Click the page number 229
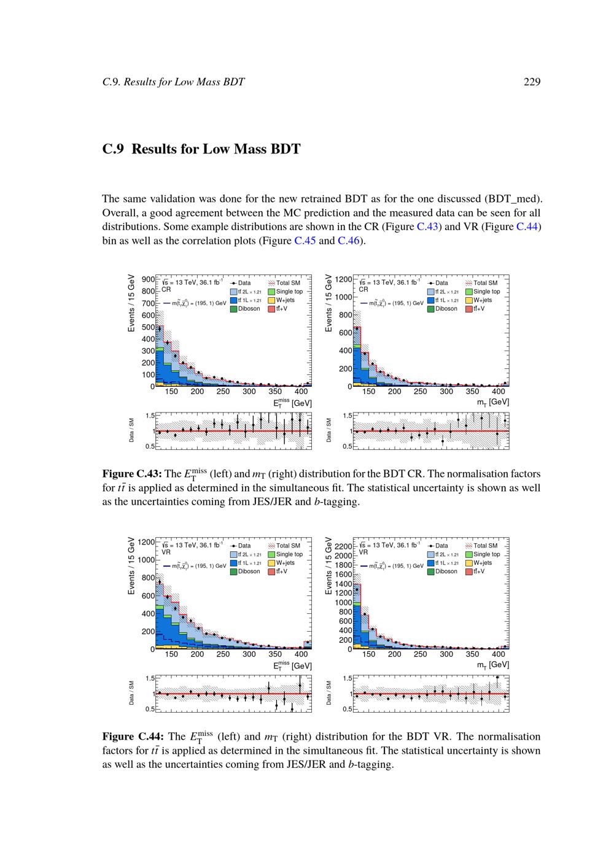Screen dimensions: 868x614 pos(532,82)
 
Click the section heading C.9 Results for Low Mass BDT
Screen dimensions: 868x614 pos(201,149)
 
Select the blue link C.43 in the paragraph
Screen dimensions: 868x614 pos(427,227)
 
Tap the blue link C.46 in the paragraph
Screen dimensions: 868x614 pos(349,240)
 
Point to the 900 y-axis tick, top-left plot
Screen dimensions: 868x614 pos(147,279)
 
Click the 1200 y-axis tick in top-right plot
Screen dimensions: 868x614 pos(344,279)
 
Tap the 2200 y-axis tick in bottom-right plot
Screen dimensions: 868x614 pos(343,546)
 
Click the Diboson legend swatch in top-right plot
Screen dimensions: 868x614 pos(431,309)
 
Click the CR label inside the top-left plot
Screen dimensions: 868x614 pos(166,289)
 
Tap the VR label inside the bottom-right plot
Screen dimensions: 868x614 pos(363,552)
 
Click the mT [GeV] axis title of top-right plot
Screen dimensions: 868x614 pos(493,401)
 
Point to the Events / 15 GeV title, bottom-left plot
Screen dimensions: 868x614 pos(131,565)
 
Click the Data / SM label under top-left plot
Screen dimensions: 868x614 pos(131,430)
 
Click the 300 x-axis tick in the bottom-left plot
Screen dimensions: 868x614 pos(249,654)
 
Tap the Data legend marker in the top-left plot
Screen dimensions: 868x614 pos(234,283)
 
